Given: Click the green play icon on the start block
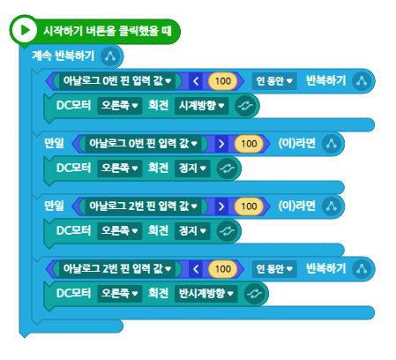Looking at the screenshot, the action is pyautogui.click(x=24, y=30).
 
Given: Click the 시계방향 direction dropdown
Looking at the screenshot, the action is pyautogui.click(x=201, y=106).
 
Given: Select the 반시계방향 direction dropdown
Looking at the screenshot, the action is pyautogui.click(x=205, y=293).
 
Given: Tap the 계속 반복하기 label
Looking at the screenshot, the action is pyautogui.click(x=64, y=56).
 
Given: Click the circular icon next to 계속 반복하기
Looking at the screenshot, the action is pyautogui.click(x=110, y=56).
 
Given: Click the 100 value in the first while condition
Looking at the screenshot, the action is pyautogui.click(x=223, y=81).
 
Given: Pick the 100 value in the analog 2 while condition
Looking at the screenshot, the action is pyautogui.click(x=223, y=268).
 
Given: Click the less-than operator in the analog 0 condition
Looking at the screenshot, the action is pyautogui.click(x=196, y=81).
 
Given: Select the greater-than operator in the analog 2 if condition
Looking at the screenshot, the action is pyautogui.click(x=221, y=206).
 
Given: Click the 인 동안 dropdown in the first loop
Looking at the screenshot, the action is pyautogui.click(x=274, y=81).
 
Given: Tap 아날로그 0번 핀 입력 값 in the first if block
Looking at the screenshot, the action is pyautogui.click(x=143, y=144).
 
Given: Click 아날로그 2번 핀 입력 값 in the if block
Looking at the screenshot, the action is pyautogui.click(x=143, y=206).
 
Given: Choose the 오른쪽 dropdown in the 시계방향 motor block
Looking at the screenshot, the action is pyautogui.click(x=120, y=106).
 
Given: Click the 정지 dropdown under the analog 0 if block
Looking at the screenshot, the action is pyautogui.click(x=192, y=169).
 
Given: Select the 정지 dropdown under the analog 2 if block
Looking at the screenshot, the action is pyautogui.click(x=192, y=231).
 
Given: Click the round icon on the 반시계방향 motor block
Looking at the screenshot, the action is pyautogui.click(x=254, y=294).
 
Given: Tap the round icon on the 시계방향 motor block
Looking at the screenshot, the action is pyautogui.click(x=245, y=106).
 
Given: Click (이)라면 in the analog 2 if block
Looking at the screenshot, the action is pyautogui.click(x=296, y=206).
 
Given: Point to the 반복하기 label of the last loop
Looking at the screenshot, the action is pyautogui.click(x=325, y=268).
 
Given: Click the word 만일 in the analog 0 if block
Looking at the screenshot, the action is pyautogui.click(x=54, y=143).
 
